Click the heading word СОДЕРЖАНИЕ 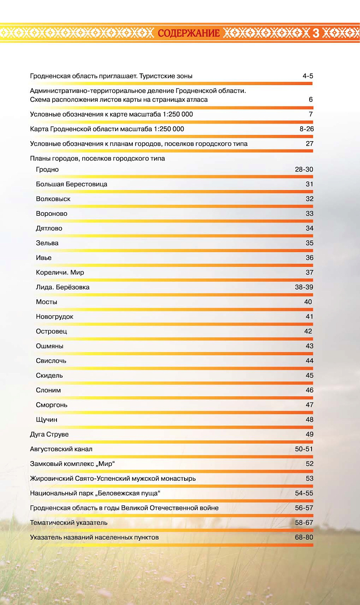(188, 33)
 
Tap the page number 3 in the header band (316, 33)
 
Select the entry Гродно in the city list (47, 169)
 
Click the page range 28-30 (304, 169)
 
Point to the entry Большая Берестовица (71, 184)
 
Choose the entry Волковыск (53, 199)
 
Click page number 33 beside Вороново (309, 214)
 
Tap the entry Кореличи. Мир (60, 273)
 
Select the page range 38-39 (304, 287)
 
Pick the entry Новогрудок (54, 317)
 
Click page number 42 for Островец (308, 332)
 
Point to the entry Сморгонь (52, 405)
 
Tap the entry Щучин (46, 420)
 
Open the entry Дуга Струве (49, 434)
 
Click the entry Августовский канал (61, 449)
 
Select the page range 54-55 (304, 493)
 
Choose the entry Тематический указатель (69, 523)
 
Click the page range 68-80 (304, 538)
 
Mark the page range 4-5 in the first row (308, 76)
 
